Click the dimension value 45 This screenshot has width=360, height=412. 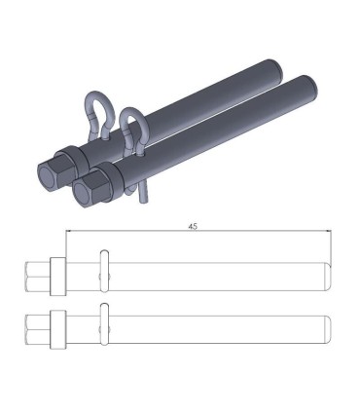(x=194, y=225)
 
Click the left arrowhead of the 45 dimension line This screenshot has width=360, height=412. (x=69, y=231)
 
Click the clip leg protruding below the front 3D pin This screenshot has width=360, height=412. (x=144, y=195)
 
